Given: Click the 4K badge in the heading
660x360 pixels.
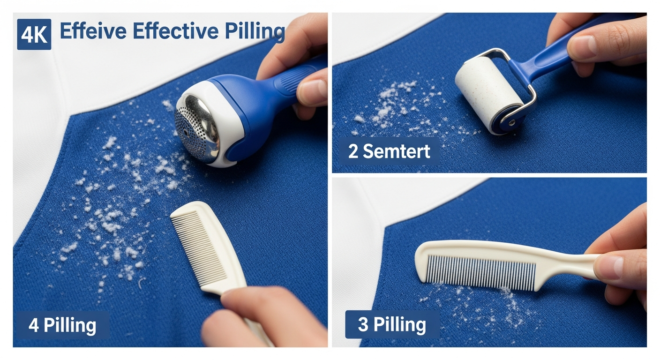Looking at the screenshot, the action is tap(34, 35).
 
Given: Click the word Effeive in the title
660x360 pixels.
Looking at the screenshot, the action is tap(93, 30).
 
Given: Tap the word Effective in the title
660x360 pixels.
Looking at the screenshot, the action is tap(176, 30).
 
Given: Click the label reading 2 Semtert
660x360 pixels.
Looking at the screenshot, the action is tap(389, 152).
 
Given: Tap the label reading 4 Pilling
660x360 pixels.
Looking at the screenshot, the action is tap(63, 325).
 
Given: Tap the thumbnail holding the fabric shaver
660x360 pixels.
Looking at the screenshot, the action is tap(312, 92).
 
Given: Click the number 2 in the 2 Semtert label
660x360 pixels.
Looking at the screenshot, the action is tap(353, 152).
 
